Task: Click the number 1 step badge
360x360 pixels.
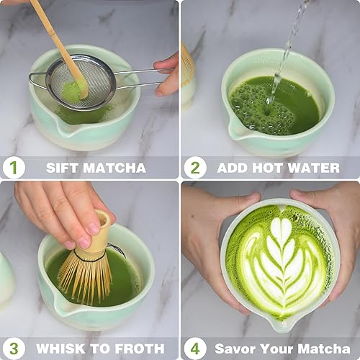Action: (13, 168)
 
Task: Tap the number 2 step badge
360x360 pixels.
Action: (194, 168)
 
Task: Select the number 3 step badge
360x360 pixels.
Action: (13, 348)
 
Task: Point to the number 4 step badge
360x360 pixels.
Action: (194, 348)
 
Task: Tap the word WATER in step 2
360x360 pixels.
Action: (314, 168)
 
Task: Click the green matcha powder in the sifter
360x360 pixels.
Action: (73, 91)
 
